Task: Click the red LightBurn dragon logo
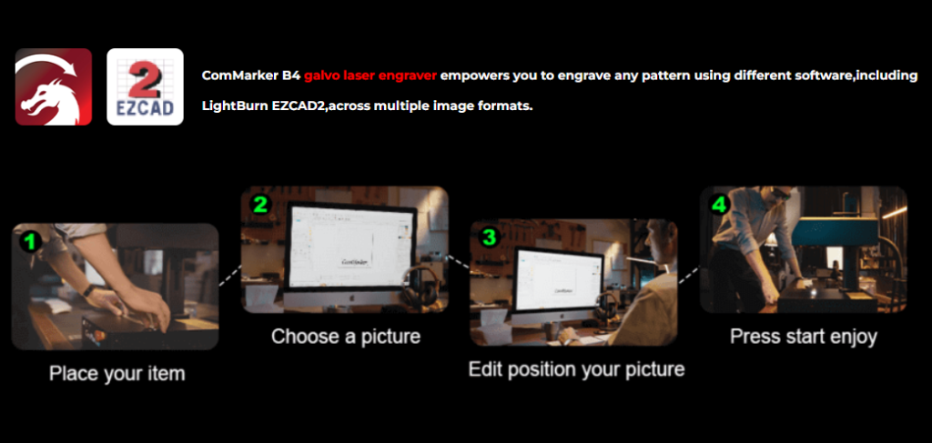pyautogui.click(x=54, y=86)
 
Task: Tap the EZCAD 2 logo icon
pyautogui.click(x=145, y=86)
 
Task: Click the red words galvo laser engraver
pyautogui.click(x=370, y=76)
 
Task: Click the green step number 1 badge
pyautogui.click(x=30, y=241)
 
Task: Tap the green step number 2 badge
pyautogui.click(x=259, y=205)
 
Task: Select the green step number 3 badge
pyautogui.click(x=489, y=237)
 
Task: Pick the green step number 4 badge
pyautogui.click(x=719, y=205)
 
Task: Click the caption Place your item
pyautogui.click(x=117, y=374)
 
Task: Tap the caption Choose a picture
pyautogui.click(x=346, y=336)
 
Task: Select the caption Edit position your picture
pyautogui.click(x=576, y=368)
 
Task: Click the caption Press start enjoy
pyautogui.click(x=804, y=336)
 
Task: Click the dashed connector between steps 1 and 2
pyautogui.click(x=230, y=277)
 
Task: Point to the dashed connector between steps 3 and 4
pyautogui.click(x=689, y=274)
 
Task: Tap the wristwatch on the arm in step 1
pyautogui.click(x=89, y=291)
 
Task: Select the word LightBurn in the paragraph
pyautogui.click(x=234, y=108)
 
